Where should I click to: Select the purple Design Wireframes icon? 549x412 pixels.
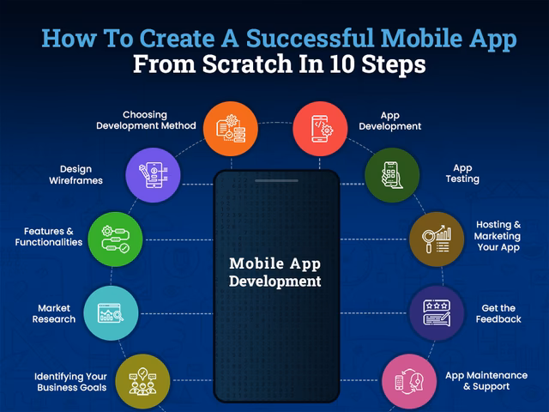153,175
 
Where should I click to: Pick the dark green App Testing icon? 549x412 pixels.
392,175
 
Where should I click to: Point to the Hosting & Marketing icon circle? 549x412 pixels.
436,238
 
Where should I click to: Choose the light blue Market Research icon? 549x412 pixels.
110,313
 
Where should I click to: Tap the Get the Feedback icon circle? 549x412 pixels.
437,313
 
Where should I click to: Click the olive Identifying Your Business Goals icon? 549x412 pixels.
142,381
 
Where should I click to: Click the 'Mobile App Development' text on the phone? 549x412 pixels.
274,272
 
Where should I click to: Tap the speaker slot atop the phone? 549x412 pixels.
276,179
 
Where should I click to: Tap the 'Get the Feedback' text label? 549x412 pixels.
498,313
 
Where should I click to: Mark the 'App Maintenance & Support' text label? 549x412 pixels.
486,381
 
